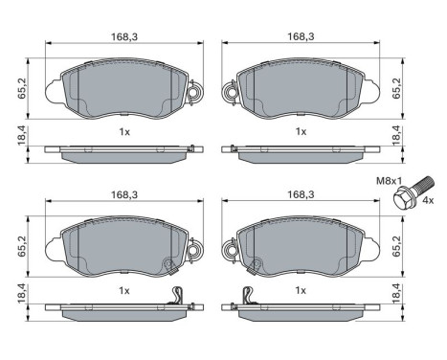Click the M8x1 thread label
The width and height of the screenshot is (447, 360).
click(389, 181)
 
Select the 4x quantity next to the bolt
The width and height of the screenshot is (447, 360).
click(428, 200)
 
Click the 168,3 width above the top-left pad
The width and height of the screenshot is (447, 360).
click(124, 36)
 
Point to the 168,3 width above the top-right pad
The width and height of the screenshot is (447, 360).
click(301, 36)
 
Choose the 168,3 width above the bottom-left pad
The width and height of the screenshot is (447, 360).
click(124, 194)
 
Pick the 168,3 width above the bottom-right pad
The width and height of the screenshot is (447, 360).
click(301, 194)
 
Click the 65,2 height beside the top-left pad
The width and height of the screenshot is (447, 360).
click(22, 88)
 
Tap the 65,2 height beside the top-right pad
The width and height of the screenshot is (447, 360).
click(396, 88)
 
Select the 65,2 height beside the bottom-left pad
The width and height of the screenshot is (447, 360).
click(22, 246)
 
